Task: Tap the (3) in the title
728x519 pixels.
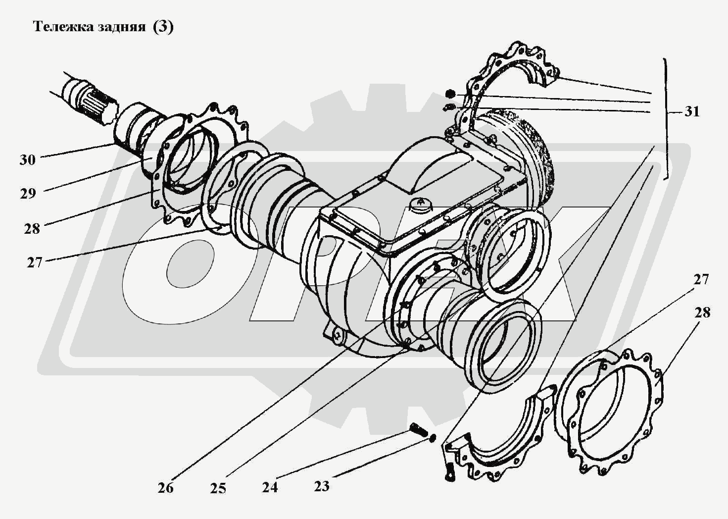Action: (x=163, y=27)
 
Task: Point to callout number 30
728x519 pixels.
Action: (x=27, y=159)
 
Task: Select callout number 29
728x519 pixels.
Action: (x=28, y=194)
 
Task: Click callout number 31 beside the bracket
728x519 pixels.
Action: (x=691, y=111)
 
